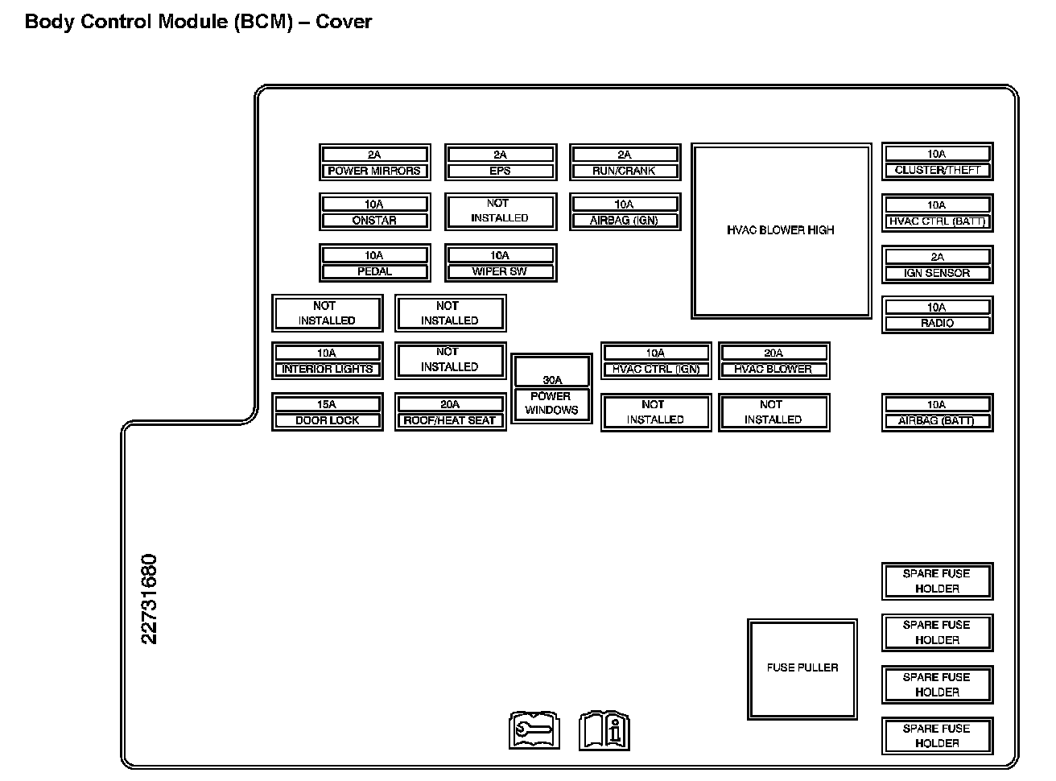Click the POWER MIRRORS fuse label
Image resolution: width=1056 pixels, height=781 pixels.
[x=374, y=171]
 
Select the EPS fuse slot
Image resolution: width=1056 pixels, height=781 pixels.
[x=500, y=163]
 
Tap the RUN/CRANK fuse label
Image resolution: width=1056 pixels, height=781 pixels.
[x=625, y=171]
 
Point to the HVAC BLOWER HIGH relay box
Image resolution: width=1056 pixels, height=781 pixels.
[x=781, y=230]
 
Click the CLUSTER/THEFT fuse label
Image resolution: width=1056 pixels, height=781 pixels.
[x=937, y=170]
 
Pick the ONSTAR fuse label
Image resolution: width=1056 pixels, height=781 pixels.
[x=374, y=221]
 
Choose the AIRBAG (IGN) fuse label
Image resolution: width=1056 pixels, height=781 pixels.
[x=625, y=221]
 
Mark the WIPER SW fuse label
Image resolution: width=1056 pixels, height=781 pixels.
[x=500, y=271]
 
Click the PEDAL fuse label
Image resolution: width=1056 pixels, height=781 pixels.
[x=374, y=271]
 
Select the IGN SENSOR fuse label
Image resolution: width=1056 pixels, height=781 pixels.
[x=937, y=273]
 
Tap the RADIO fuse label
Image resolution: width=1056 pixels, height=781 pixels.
[x=937, y=323]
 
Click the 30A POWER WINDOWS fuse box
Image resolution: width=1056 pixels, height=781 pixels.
[x=551, y=390]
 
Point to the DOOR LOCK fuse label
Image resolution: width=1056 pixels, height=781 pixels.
[x=327, y=420]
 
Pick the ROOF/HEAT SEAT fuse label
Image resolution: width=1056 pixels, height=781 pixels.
[x=450, y=420]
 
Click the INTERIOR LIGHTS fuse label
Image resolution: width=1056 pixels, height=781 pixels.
[x=327, y=369]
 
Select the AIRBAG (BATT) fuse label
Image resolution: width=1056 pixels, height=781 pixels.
[x=937, y=421]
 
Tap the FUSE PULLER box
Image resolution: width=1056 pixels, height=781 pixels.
[x=802, y=668]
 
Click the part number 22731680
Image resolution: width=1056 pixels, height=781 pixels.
[x=150, y=599]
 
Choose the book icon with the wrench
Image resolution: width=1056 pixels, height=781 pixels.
[x=534, y=730]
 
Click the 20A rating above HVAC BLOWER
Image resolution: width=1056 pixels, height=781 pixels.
[x=773, y=353]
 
